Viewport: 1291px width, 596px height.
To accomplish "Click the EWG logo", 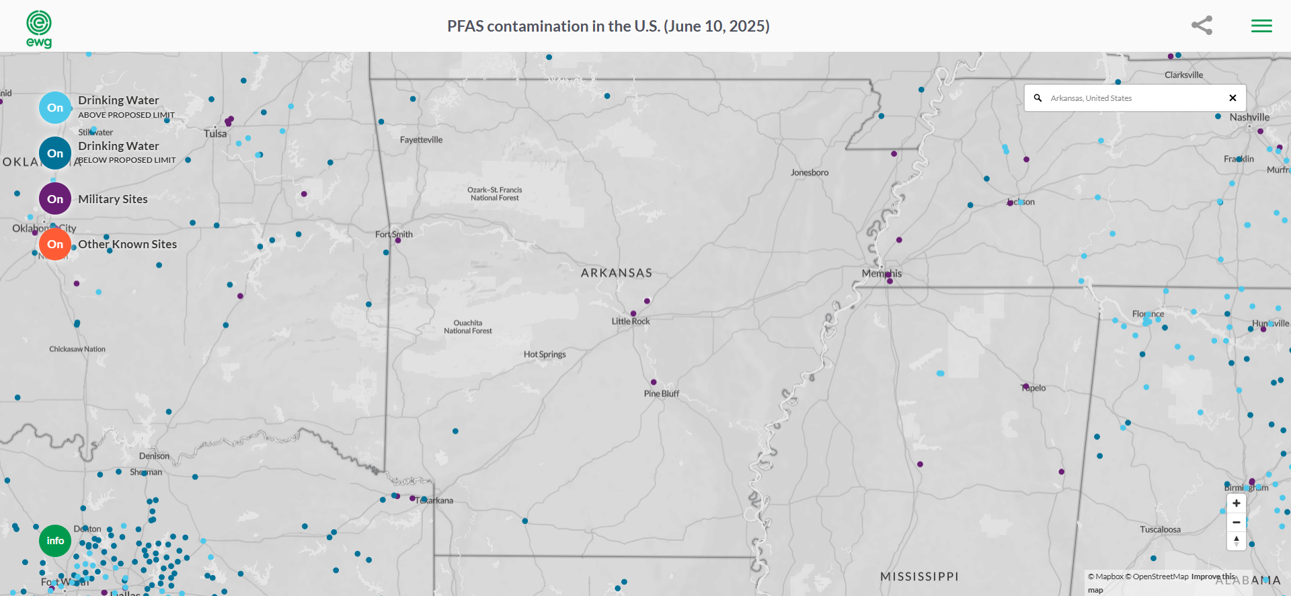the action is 39,28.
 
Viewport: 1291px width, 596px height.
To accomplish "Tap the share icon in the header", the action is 1202,26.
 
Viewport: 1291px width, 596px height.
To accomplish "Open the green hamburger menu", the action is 1261,26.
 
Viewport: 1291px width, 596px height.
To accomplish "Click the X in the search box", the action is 1233,98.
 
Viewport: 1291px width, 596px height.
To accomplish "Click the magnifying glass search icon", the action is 1038,98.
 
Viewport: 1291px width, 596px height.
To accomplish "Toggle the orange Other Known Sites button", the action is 55,244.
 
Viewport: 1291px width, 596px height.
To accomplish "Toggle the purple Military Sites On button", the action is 55,199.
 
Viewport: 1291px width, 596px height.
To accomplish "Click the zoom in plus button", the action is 1236,503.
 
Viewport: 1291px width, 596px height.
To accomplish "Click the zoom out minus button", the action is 1236,522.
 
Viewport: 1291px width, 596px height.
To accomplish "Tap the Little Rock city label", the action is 631,322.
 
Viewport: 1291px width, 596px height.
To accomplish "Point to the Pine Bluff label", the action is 661,394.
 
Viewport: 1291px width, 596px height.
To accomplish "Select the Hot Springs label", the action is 545,355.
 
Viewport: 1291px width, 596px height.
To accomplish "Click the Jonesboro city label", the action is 809,173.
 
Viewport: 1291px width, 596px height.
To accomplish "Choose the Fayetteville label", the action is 421,140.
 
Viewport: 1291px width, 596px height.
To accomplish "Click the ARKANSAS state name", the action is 617,273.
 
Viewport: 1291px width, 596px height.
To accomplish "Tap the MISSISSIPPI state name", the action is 919,576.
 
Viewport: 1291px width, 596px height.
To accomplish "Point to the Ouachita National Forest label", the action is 468,327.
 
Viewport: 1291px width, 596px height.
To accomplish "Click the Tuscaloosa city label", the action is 1160,529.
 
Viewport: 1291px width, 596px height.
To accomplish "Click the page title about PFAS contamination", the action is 608,26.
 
